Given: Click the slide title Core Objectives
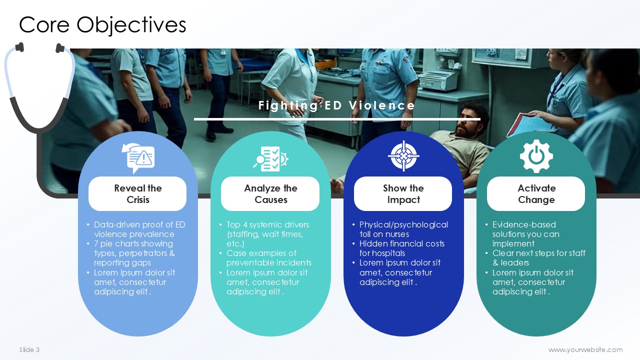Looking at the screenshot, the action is (102, 25).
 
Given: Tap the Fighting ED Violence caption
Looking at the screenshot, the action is (336, 105).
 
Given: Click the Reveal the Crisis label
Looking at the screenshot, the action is (137, 193).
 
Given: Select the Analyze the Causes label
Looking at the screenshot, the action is (270, 193).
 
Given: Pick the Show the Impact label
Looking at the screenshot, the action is (403, 193).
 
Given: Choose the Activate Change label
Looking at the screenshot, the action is (536, 193).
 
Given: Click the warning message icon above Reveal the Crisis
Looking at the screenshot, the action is (138, 158).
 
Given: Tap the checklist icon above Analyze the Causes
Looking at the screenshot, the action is (270, 159).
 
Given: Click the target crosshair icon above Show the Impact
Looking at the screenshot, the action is (403, 156).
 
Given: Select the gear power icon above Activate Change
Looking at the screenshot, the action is (536, 156).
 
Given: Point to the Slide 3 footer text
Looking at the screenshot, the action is (29, 349).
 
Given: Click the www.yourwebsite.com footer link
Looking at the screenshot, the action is (585, 349).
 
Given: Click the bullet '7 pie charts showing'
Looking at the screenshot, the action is (133, 243).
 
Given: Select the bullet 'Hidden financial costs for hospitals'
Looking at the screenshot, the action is (401, 248).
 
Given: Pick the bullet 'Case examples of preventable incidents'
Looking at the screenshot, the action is (268, 257).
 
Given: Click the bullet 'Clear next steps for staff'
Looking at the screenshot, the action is (539, 253).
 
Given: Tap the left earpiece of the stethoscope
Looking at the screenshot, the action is (20, 47).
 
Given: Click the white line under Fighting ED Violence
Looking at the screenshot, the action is (337, 119).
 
